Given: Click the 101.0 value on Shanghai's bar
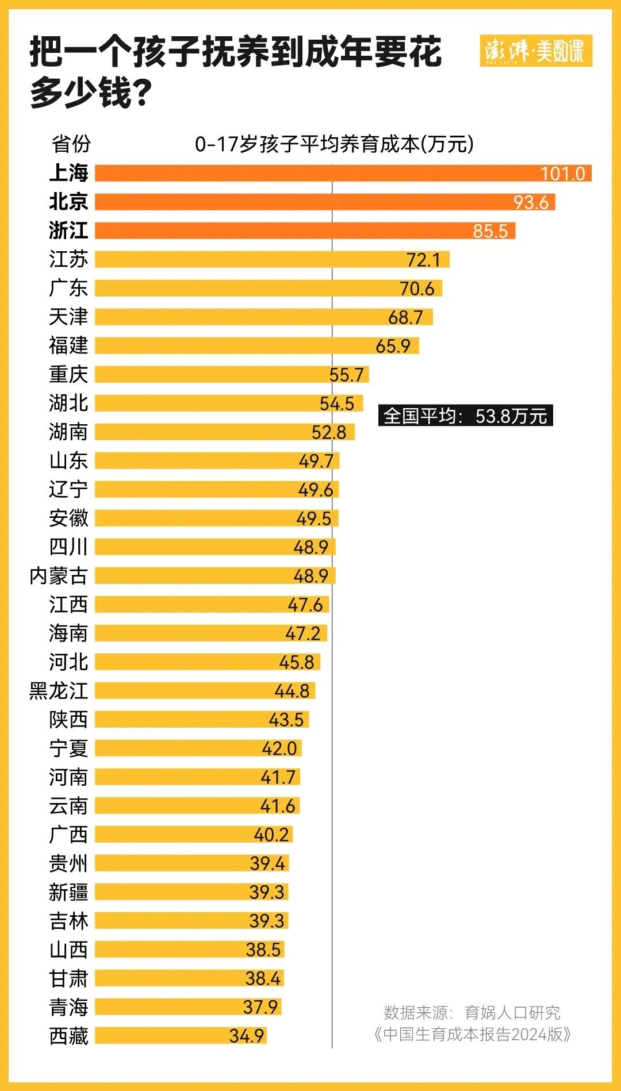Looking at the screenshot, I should pos(562,174).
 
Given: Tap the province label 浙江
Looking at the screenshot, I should pos(68,231).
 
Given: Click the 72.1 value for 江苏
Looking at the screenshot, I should pos(423,260).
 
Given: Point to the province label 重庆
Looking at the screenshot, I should pos(68,374).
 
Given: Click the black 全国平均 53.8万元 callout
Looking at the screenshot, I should pos(465,416).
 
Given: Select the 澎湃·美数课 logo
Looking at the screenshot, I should pos(535,51).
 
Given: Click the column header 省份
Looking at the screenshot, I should pos(71,144).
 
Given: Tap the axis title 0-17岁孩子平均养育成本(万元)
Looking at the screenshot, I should pos(334,144).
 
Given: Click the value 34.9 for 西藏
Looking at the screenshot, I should pos(246,1036).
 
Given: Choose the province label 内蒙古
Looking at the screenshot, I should pos(59,575).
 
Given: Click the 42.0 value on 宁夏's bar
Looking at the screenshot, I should pos(279,748).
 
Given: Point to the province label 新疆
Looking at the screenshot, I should pos(68,892).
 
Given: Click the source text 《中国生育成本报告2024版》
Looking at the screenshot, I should pos(472,1034).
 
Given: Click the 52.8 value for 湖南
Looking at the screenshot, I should pos(329,432).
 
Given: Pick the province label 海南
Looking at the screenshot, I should pos(68,633).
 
